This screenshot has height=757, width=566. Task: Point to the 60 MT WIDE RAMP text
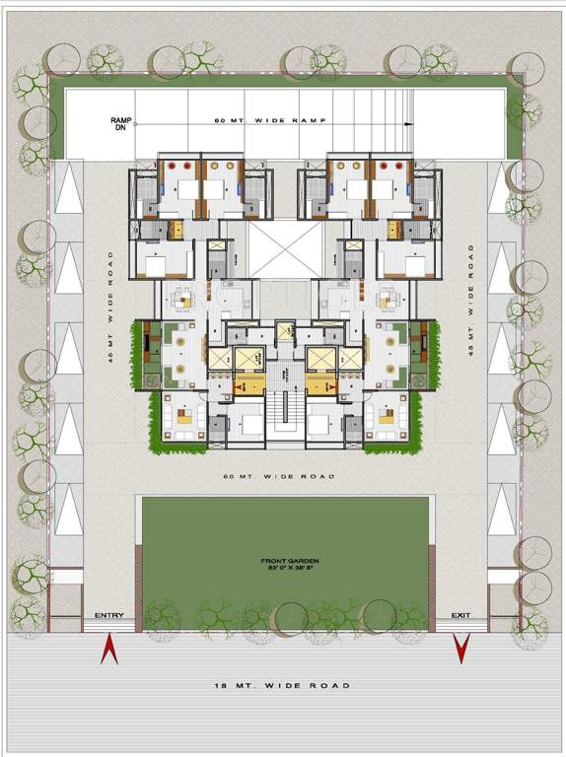pyautogui.click(x=270, y=120)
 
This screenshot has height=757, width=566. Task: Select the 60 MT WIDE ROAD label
pyautogui.click(x=280, y=477)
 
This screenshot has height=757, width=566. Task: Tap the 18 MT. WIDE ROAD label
pyautogui.click(x=282, y=685)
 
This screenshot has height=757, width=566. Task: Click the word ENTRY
pyautogui.click(x=109, y=616)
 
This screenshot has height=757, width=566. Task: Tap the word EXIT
pyautogui.click(x=460, y=616)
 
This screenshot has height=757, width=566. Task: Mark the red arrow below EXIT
pyautogui.click(x=460, y=648)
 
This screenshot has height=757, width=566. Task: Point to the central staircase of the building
pyautogui.click(x=285, y=415)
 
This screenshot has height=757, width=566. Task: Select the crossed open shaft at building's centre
pyautogui.click(x=285, y=247)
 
